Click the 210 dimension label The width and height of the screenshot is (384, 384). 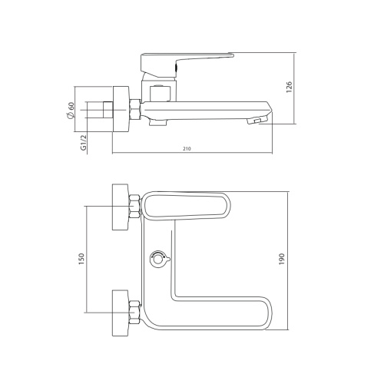[188, 147]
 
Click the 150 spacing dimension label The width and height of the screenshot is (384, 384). [81, 260]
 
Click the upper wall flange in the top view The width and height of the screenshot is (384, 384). [121, 207]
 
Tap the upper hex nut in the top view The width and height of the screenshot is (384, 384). [135, 207]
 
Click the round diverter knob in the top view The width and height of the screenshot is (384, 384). [159, 259]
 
